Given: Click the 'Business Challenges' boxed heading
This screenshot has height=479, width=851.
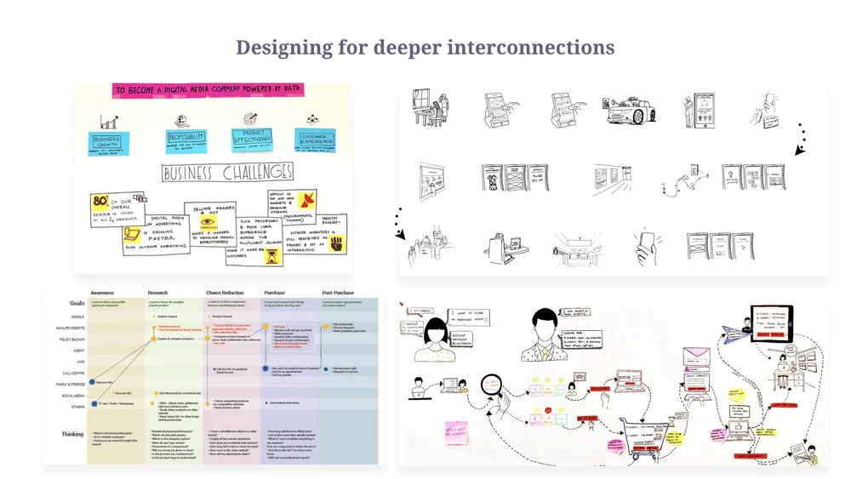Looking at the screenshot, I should pos(227,174).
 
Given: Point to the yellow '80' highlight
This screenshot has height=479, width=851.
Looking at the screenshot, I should pos(100,200).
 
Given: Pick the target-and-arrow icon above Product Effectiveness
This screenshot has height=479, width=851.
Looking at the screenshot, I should pos(250,119).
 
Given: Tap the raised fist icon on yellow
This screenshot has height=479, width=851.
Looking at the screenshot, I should pos(337,244).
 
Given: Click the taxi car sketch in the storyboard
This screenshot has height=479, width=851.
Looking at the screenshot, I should pos(630,109).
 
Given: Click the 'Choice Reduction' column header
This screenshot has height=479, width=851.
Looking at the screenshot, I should pos(226,293).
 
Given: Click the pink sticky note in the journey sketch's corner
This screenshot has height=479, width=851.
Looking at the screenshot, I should pos(456,431).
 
